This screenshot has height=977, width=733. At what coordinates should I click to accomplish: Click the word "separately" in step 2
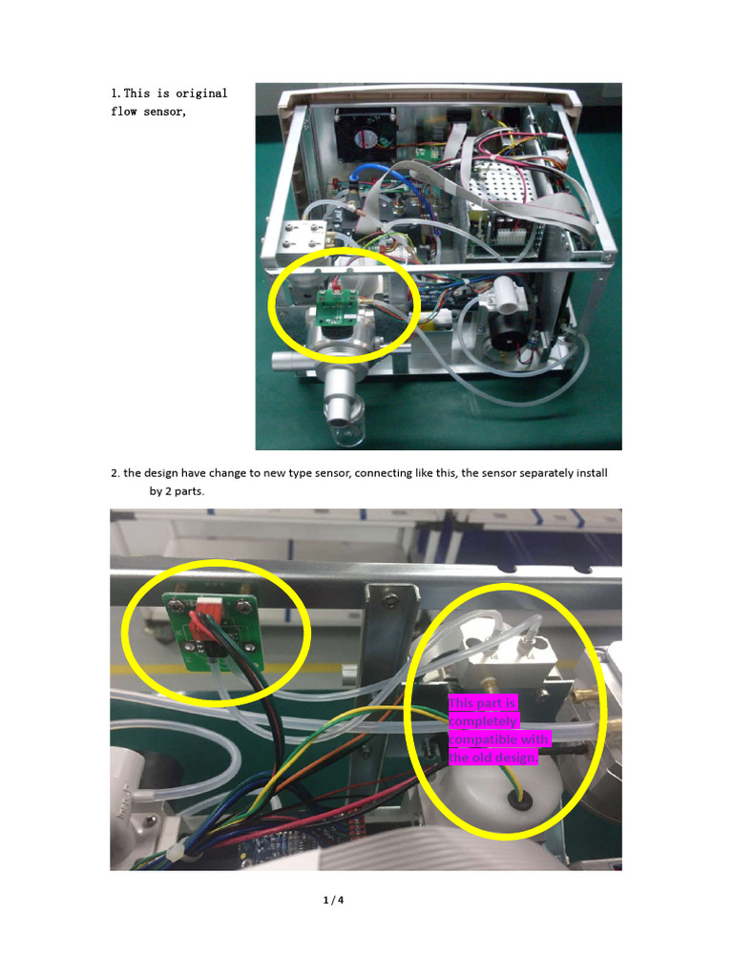point(516,473)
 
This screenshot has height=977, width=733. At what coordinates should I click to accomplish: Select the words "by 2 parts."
point(177,492)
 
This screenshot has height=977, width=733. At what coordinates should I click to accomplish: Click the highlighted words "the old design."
point(492,758)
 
